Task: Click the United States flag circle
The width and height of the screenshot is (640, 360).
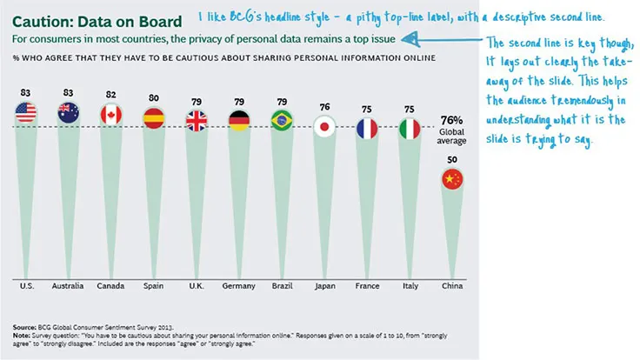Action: click(x=25, y=112)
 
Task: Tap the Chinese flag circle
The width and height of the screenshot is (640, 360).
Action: click(x=452, y=180)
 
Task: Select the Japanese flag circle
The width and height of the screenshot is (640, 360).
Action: click(x=324, y=129)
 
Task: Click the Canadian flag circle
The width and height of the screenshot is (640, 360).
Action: click(x=111, y=115)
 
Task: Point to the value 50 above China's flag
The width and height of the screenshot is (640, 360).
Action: click(x=452, y=159)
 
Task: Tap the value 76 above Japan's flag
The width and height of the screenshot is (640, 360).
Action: click(x=324, y=107)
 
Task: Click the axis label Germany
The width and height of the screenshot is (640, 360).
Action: click(x=238, y=286)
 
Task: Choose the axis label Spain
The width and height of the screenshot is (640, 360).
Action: click(x=153, y=286)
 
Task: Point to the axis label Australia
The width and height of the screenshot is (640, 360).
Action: click(x=68, y=286)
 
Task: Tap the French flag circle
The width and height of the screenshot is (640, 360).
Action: click(x=367, y=129)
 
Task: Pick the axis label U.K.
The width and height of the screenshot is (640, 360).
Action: click(x=196, y=286)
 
